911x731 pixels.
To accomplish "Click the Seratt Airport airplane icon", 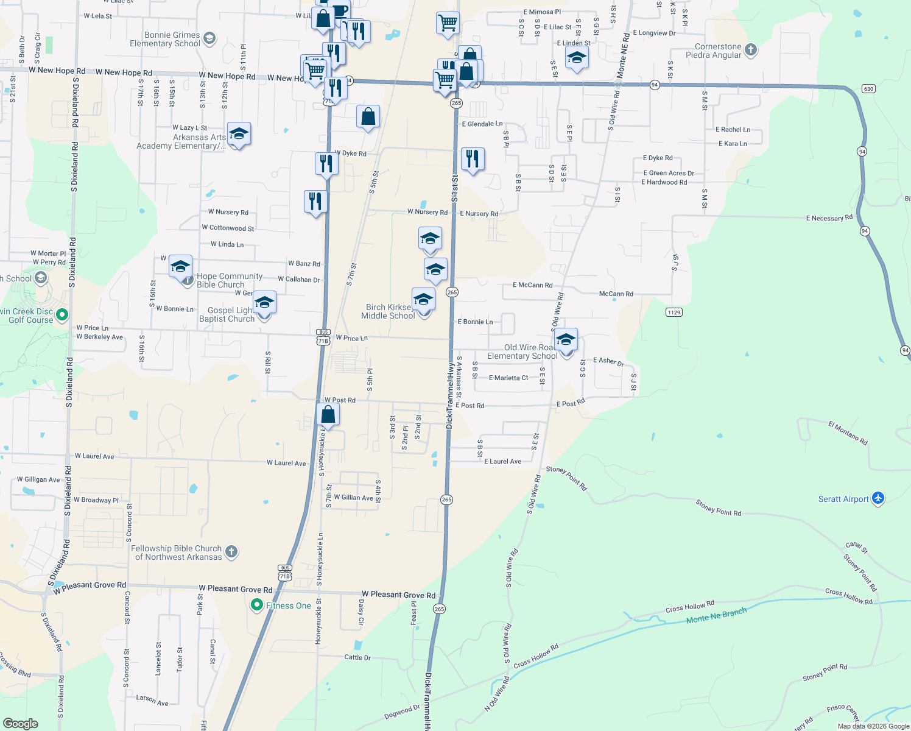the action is coord(878,498).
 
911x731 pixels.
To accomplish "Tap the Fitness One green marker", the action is coord(257,605).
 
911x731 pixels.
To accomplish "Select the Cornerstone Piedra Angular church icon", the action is coord(751,50).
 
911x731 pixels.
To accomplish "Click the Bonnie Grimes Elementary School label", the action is coord(165,39).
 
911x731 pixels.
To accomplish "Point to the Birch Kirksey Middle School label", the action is coord(388,311).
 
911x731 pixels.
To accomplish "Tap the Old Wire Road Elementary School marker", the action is coord(566,341).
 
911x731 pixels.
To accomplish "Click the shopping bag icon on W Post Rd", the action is coord(328,415).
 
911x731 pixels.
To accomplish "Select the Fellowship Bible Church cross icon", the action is coord(231,552).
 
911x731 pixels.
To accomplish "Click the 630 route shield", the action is coord(868,89).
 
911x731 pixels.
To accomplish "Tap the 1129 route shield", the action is coord(674,312).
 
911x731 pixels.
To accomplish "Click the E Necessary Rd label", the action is coord(829,217).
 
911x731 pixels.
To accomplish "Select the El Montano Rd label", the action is coord(848,432).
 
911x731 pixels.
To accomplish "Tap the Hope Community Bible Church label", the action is coord(229,280).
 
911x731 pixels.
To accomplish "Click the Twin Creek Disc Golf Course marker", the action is coord(62,315).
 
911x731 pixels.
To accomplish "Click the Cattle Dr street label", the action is coord(357,657).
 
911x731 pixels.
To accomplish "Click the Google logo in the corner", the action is coord(20,724).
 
